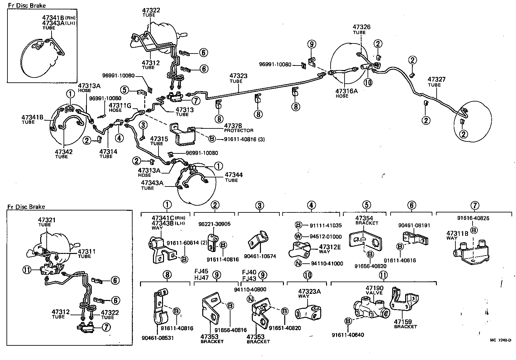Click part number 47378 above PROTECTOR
click(x=233, y=126)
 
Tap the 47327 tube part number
click(x=436, y=79)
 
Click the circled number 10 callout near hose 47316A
click(x=368, y=82)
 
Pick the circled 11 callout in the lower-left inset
click(x=27, y=269)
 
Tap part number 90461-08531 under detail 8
click(x=158, y=338)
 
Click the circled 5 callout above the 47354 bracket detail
click(x=366, y=205)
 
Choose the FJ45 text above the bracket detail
click(x=201, y=272)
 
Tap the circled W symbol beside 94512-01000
click(x=299, y=236)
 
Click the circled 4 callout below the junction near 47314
click(x=119, y=138)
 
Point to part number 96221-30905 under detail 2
click(x=214, y=224)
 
